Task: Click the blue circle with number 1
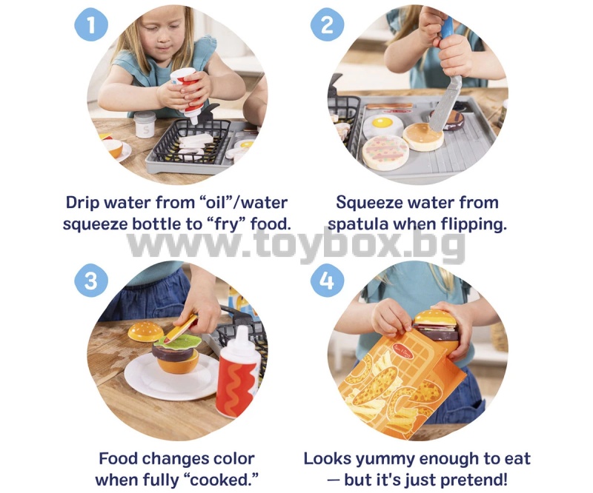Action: click(91, 25)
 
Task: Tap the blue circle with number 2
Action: click(328, 25)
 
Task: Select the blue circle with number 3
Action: click(91, 281)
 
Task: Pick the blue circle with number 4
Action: click(328, 281)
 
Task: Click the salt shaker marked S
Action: click(145, 124)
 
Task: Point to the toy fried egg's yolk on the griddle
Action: click(382, 122)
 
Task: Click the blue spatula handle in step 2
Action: click(448, 26)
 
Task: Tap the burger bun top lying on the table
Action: click(145, 332)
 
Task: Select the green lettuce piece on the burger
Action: click(177, 341)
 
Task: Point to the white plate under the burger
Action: click(172, 377)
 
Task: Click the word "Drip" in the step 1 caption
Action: click(82, 203)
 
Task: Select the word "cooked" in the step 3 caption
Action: click(219, 480)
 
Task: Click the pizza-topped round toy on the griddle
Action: click(385, 152)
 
